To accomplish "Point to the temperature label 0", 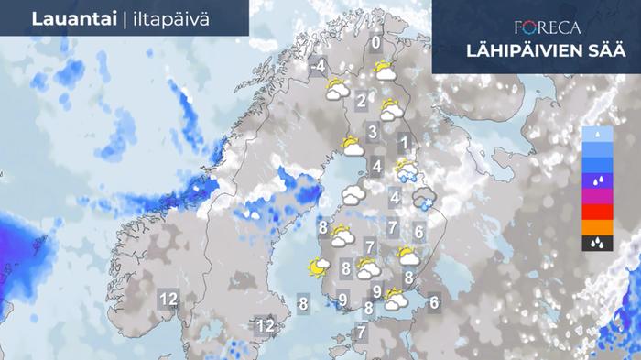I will [375, 42].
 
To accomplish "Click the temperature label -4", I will [318, 66].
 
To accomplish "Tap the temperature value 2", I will [362, 101].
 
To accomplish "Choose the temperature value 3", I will [373, 132].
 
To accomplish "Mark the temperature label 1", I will [403, 143].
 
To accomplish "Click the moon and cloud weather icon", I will [318, 267].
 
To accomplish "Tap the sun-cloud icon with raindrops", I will [405, 169].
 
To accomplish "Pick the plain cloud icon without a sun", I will [353, 195].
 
